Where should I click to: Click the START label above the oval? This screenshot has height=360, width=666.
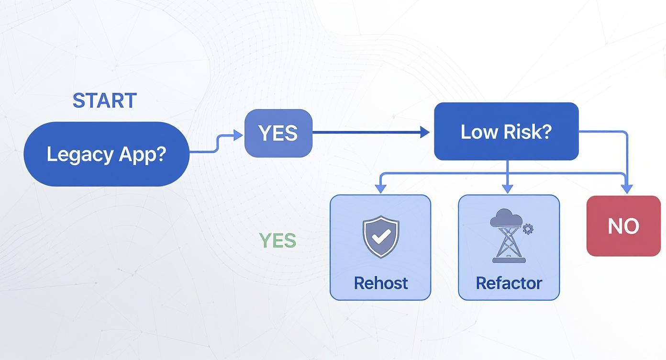pos(104,101)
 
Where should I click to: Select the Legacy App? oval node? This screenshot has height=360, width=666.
pos(106,154)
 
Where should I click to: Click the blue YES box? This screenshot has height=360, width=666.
pos(278,133)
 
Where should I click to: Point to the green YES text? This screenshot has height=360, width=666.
pos(277,241)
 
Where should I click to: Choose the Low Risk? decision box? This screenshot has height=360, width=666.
pos(506,132)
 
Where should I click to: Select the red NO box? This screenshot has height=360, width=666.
pos(623,225)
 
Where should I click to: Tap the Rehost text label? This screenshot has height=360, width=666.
pos(380,283)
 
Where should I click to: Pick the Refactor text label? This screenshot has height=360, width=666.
pos(509,283)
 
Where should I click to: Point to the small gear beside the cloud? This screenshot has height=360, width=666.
pos(528,229)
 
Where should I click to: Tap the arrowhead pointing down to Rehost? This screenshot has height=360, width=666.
pos(380,189)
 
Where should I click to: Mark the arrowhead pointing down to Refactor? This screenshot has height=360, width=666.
pos(508,189)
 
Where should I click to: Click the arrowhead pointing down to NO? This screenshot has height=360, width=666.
pos(627,190)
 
